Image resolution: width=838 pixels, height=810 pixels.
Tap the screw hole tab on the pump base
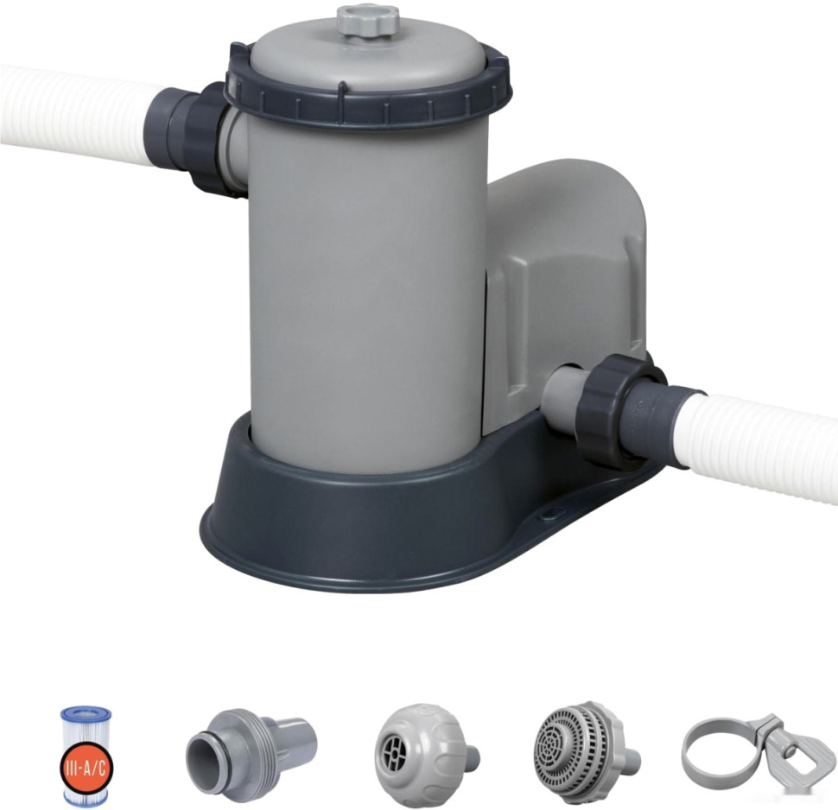[548, 514]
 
